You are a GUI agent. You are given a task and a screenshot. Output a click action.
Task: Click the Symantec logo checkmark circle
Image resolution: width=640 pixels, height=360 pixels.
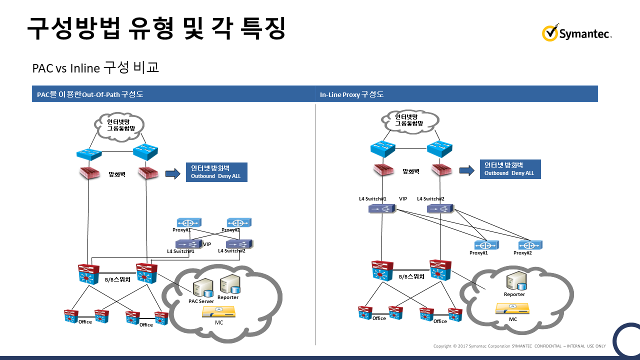(549, 33)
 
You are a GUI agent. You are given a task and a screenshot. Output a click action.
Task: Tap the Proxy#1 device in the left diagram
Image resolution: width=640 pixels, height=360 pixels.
(189, 222)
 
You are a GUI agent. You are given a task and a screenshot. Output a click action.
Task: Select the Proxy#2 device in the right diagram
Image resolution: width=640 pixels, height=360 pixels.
(530, 245)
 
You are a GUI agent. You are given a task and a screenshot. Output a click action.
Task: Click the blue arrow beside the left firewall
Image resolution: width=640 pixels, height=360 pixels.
(172, 173)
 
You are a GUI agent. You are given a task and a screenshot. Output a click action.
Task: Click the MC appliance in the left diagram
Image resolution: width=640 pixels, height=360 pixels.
(219, 312)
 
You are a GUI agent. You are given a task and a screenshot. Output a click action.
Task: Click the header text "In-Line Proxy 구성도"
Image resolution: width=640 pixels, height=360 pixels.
(352, 94)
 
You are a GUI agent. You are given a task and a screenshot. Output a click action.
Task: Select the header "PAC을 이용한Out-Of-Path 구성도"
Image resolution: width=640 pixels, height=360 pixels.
(90, 94)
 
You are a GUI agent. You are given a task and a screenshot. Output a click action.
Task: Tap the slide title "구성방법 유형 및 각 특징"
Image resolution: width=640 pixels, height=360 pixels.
(156, 28)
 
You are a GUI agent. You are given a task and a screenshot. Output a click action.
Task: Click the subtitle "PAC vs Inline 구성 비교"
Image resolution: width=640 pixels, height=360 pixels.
(96, 68)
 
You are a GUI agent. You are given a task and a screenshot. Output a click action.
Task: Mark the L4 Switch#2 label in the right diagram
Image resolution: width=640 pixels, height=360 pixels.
(430, 198)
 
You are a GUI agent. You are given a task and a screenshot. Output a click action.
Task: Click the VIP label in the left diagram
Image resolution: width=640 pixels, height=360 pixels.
(207, 244)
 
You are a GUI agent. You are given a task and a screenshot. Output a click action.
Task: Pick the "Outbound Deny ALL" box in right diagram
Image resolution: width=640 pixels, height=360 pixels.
(510, 169)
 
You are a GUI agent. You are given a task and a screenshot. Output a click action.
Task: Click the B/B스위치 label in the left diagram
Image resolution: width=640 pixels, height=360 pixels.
(117, 279)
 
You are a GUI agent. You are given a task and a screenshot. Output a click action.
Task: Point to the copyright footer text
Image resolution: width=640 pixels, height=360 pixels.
(519, 346)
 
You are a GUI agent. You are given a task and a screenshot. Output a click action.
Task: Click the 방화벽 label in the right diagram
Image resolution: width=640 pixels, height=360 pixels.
(411, 171)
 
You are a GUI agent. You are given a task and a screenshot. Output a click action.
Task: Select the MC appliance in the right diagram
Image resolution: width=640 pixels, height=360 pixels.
(512, 309)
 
